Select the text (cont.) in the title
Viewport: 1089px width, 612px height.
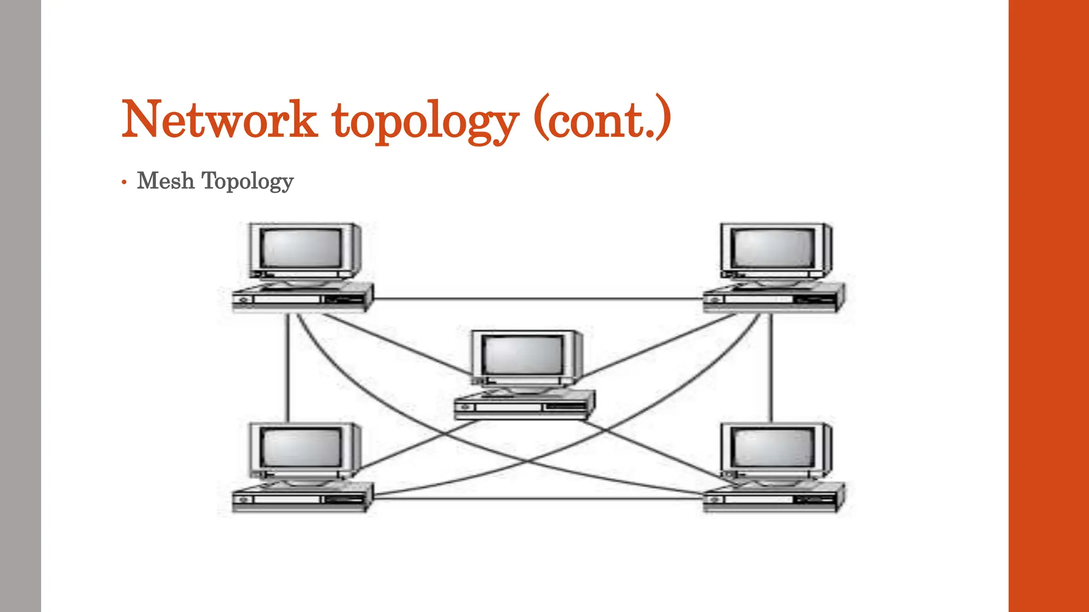click(x=602, y=119)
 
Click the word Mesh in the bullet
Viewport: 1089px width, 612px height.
click(x=165, y=181)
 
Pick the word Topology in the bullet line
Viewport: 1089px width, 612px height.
click(x=247, y=182)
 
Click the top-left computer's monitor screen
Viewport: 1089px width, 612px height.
click(x=301, y=248)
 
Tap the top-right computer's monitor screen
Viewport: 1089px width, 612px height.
click(x=772, y=248)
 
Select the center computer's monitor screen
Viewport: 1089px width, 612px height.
click(x=524, y=355)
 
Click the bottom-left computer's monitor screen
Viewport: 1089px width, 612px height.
click(x=301, y=447)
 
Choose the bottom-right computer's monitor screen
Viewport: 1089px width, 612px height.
click(x=772, y=447)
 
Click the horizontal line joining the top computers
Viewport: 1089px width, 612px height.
click(x=537, y=299)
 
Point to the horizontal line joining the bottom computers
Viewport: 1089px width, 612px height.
click(x=537, y=499)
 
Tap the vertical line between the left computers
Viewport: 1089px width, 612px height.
click(x=288, y=367)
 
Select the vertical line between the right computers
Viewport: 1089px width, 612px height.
click(x=771, y=367)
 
